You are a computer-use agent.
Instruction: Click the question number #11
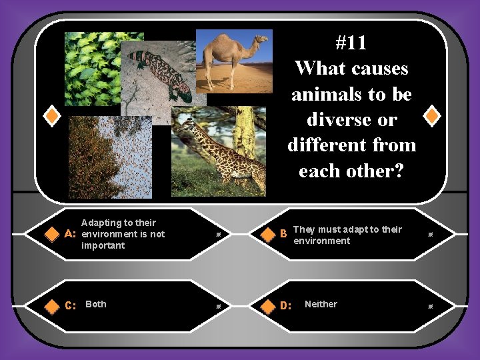[351, 43]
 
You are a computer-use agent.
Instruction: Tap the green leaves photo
[93, 67]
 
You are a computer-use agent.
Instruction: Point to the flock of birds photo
[110, 157]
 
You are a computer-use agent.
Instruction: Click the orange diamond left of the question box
[51, 116]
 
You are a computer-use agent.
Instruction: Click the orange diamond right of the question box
[432, 116]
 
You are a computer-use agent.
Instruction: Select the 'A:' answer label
[69, 235]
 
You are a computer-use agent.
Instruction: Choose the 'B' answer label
[283, 235]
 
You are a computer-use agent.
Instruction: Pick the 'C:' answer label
[69, 305]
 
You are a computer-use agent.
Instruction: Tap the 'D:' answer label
[285, 305]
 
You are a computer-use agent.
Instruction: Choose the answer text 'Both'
[96, 304]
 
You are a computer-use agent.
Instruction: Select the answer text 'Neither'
[321, 304]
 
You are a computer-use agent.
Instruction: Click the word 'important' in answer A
[103, 245]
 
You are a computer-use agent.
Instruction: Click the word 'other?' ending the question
[382, 171]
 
